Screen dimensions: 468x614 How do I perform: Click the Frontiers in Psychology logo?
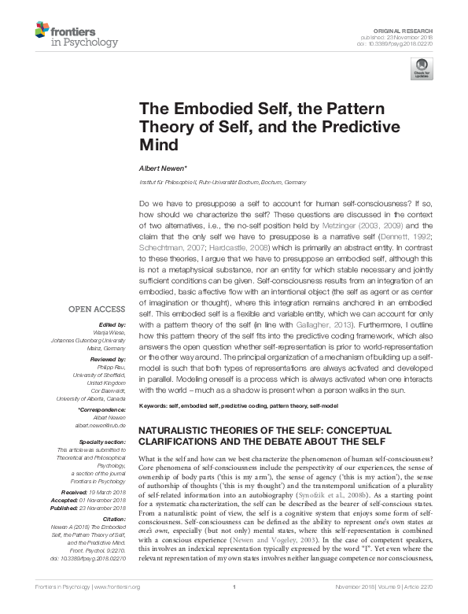click(x=77, y=36)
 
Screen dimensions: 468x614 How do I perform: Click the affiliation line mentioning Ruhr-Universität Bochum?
click(x=223, y=181)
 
